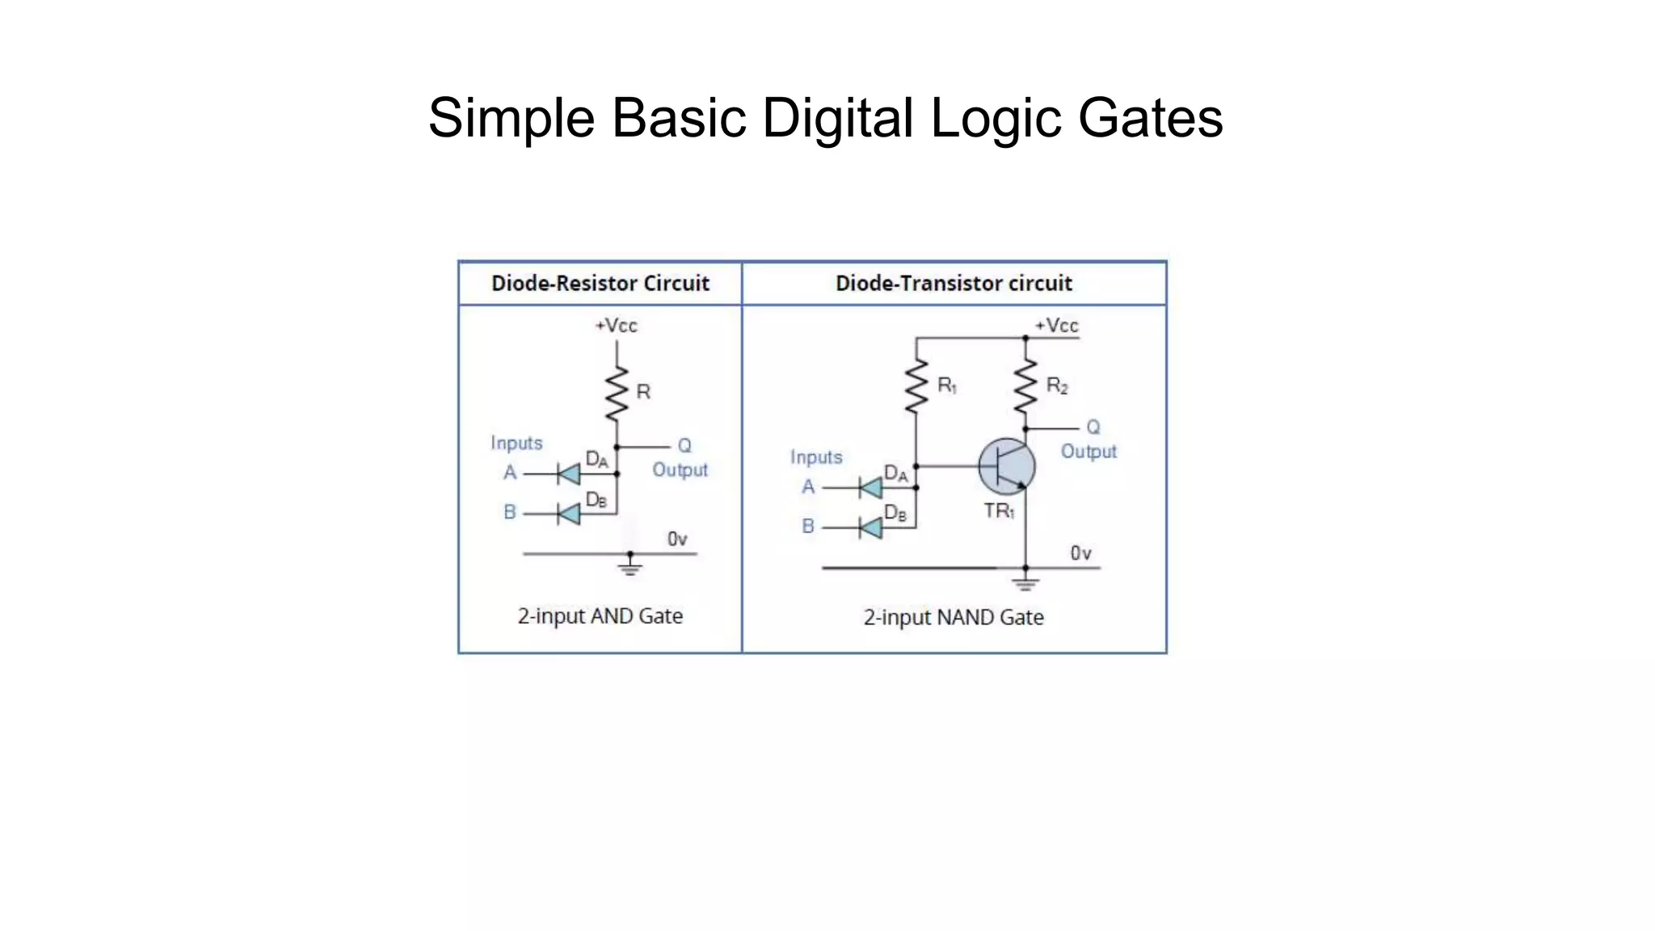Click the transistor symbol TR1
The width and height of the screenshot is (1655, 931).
click(1006, 467)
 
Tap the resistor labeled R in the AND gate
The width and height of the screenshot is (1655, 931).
click(617, 394)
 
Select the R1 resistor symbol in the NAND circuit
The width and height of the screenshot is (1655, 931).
click(916, 387)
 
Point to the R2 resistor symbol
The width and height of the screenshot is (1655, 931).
click(1025, 387)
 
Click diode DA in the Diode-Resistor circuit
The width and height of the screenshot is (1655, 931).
click(569, 474)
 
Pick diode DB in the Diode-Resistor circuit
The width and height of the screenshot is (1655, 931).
click(569, 513)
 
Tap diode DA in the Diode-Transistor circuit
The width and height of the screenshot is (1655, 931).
click(870, 488)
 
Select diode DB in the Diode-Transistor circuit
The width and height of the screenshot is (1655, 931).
click(870, 528)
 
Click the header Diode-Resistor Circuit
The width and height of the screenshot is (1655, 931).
click(600, 284)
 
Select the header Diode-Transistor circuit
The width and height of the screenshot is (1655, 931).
click(954, 284)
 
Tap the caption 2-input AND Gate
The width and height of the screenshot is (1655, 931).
click(600, 617)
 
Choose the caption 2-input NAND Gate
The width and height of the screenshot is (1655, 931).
click(954, 618)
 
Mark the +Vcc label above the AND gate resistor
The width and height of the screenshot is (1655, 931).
click(617, 326)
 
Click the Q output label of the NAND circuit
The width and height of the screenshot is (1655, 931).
click(1093, 428)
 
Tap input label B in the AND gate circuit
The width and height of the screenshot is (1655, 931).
click(510, 512)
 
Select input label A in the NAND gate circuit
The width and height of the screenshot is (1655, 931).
click(808, 487)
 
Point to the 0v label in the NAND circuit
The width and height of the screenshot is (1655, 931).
click(1081, 554)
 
